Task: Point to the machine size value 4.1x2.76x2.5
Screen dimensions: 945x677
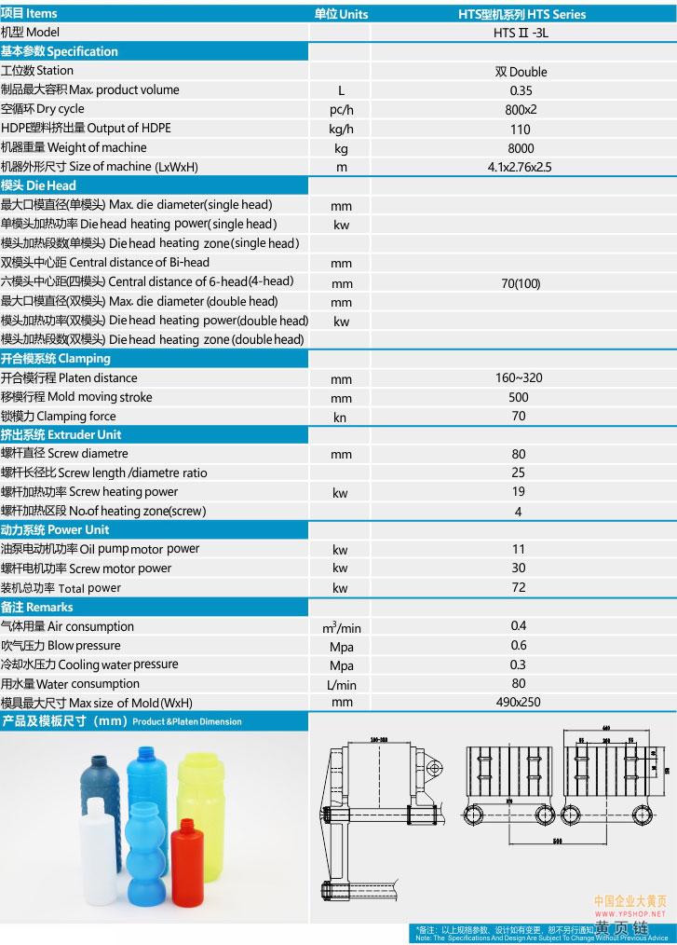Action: tap(520, 168)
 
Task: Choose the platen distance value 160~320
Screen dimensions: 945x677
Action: tap(520, 378)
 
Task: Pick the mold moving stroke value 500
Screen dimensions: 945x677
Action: tap(520, 397)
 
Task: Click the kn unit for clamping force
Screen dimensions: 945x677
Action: tap(340, 418)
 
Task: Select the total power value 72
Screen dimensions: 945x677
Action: tap(519, 588)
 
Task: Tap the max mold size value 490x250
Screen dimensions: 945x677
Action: tap(519, 703)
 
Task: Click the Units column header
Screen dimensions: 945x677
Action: tap(341, 14)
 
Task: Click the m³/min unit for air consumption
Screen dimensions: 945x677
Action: tap(341, 628)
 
